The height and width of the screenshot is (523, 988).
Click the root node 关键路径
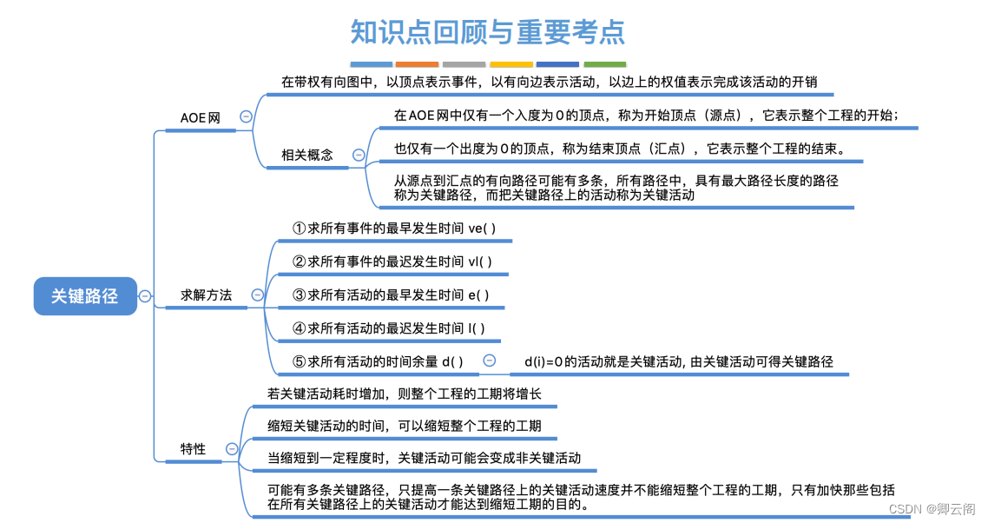pos(84,295)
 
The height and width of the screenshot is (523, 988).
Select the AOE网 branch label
pos(201,117)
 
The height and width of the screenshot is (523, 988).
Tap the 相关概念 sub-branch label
pos(306,155)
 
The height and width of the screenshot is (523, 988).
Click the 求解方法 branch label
pos(206,295)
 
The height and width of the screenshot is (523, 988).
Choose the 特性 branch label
pos(193,448)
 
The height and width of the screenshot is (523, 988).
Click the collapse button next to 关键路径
pos(145,295)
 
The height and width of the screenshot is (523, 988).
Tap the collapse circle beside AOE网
pos(246,116)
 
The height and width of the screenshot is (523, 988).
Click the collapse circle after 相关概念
pos(359,155)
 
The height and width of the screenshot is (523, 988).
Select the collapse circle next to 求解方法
pos(257,295)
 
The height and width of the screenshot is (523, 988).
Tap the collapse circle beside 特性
pos(232,448)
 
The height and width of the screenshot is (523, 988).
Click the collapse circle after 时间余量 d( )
pos(489,361)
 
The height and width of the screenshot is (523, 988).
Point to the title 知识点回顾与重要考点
pos(487,32)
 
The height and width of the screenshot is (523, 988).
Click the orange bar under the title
pos(417,64)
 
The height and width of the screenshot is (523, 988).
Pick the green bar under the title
pos(605,64)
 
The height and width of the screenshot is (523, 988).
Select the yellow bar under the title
pos(511,64)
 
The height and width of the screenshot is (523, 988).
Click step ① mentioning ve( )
pos(394,228)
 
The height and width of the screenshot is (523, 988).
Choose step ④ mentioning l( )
pos(388,328)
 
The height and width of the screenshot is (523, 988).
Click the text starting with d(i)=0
pos(678,361)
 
